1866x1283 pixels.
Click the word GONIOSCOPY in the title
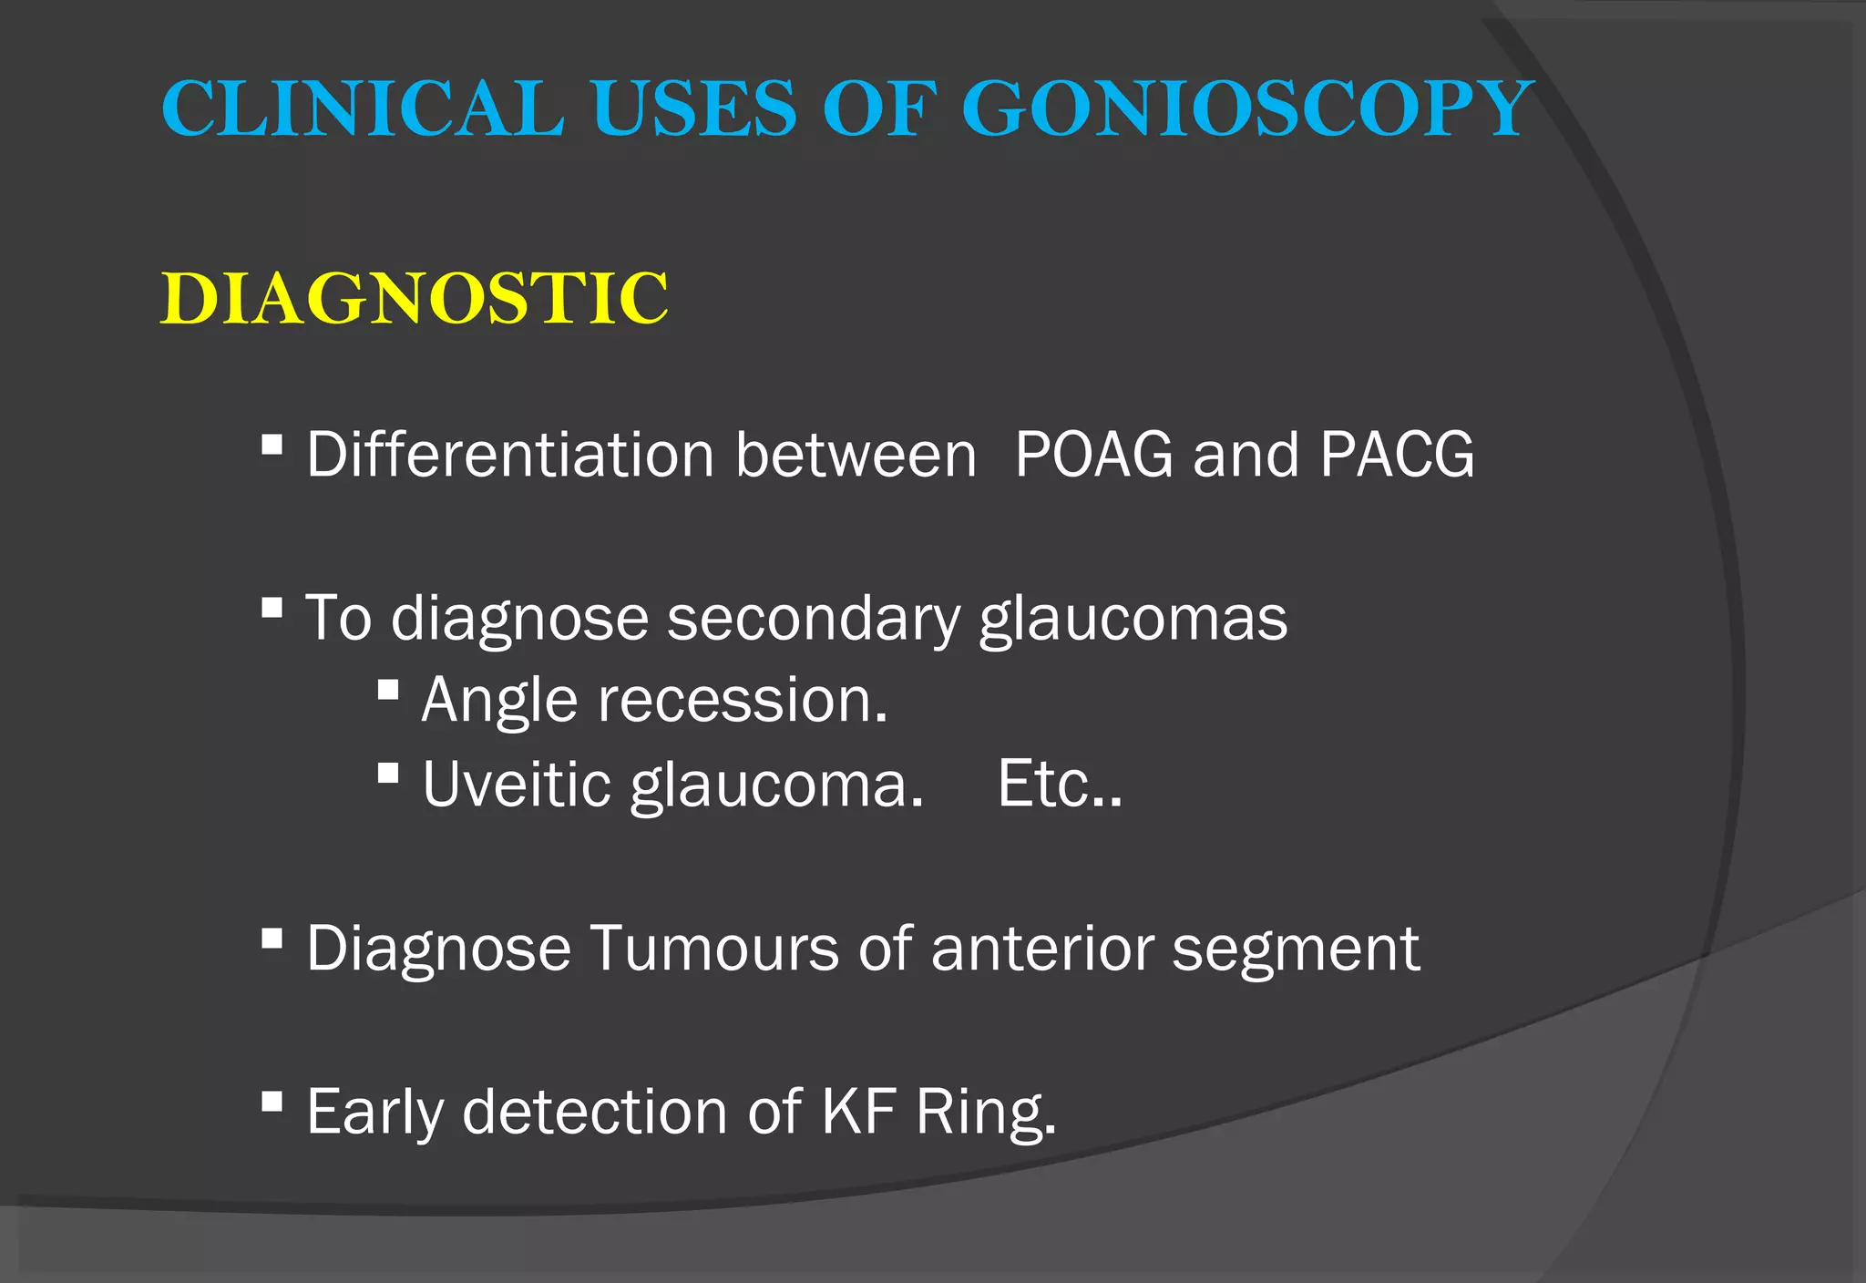[x=1248, y=108]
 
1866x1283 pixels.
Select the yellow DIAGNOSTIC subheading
[x=415, y=298]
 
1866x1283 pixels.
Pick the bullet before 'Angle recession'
[x=388, y=690]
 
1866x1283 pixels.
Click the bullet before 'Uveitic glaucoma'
[x=388, y=774]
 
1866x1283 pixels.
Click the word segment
[x=1296, y=950]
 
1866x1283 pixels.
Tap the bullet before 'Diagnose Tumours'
[x=272, y=939]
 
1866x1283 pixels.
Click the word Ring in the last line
[x=986, y=1114]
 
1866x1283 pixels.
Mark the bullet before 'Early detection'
[x=272, y=1103]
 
